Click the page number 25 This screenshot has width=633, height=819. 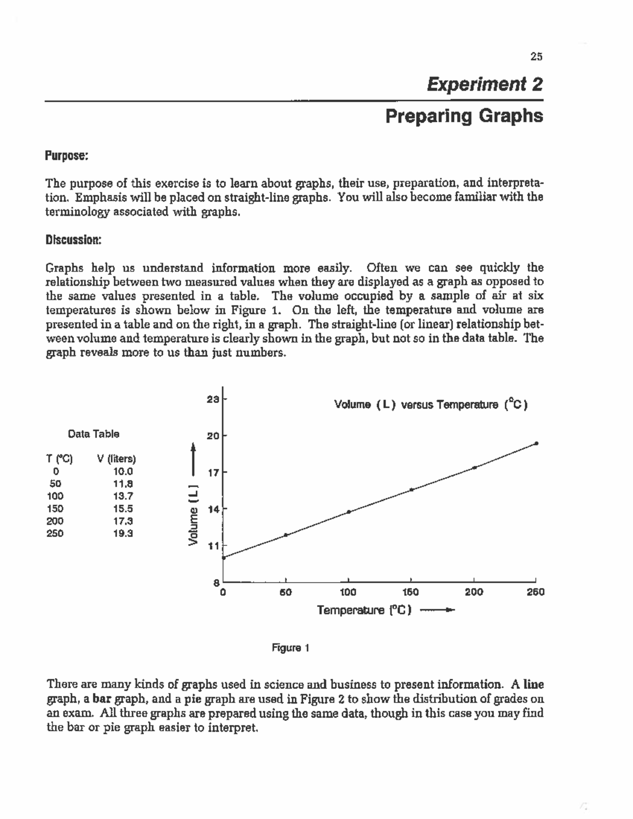click(x=536, y=57)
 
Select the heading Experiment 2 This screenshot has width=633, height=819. click(x=485, y=84)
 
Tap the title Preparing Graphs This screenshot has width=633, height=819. click(x=464, y=116)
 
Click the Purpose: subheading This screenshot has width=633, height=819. click(x=66, y=156)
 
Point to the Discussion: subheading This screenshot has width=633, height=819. click(x=73, y=240)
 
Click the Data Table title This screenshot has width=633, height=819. click(x=93, y=434)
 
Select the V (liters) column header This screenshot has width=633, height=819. click(x=117, y=459)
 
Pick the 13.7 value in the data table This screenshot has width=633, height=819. click(x=123, y=496)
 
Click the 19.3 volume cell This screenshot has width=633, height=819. click(x=123, y=533)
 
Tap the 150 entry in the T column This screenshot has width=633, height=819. click(x=55, y=509)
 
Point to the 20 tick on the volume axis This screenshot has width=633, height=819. click(x=213, y=436)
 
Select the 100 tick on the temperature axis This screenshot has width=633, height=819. click(x=348, y=592)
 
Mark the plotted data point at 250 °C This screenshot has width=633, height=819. click(x=536, y=444)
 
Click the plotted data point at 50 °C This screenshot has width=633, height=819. click(x=286, y=535)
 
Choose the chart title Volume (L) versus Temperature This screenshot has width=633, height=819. click(x=431, y=405)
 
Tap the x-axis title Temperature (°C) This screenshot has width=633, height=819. click(x=364, y=610)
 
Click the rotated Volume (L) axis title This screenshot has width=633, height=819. click(x=194, y=515)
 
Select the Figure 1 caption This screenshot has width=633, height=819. click(x=290, y=648)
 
